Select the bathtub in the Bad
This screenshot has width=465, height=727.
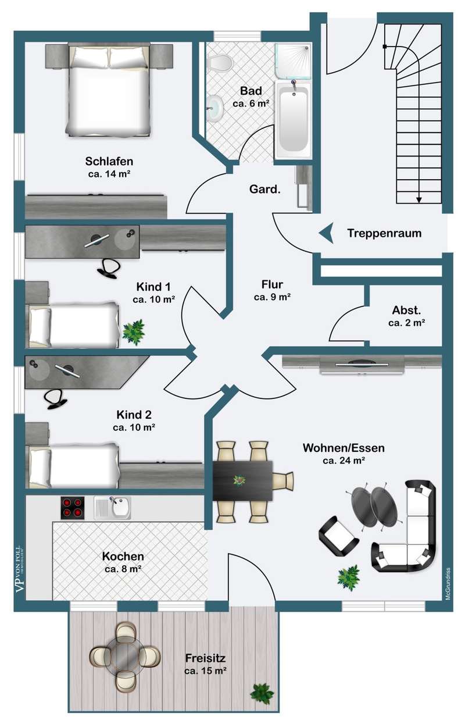pos(293,120)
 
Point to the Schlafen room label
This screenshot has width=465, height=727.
pos(109,161)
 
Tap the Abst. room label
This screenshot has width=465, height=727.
pos(407,309)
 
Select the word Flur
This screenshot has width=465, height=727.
pos(272,284)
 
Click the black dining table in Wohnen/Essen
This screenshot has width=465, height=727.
pos(242,480)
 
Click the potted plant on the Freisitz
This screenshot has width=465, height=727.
pos(262,693)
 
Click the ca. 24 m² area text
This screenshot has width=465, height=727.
pos(344,461)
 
